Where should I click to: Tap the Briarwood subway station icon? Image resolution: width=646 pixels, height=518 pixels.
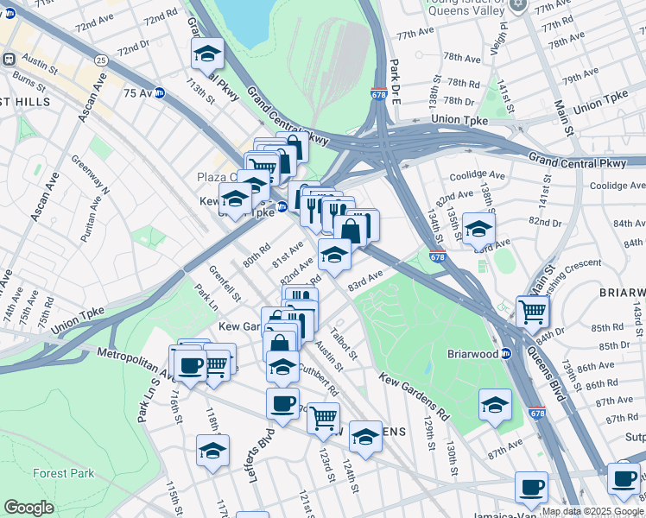[507, 353]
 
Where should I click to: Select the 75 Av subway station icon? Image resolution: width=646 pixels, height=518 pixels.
[159, 92]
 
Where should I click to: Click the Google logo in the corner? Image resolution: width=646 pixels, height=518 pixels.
[28, 508]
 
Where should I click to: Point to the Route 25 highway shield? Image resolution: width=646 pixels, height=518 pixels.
[101, 60]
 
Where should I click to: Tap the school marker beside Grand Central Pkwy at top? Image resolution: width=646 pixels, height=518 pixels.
[207, 54]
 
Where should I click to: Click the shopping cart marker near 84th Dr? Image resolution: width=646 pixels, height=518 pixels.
[533, 311]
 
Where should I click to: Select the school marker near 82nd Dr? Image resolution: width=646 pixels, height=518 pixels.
[478, 229]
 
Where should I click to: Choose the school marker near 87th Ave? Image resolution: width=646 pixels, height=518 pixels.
[495, 404]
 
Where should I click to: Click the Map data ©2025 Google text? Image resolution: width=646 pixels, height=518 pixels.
[592, 511]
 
